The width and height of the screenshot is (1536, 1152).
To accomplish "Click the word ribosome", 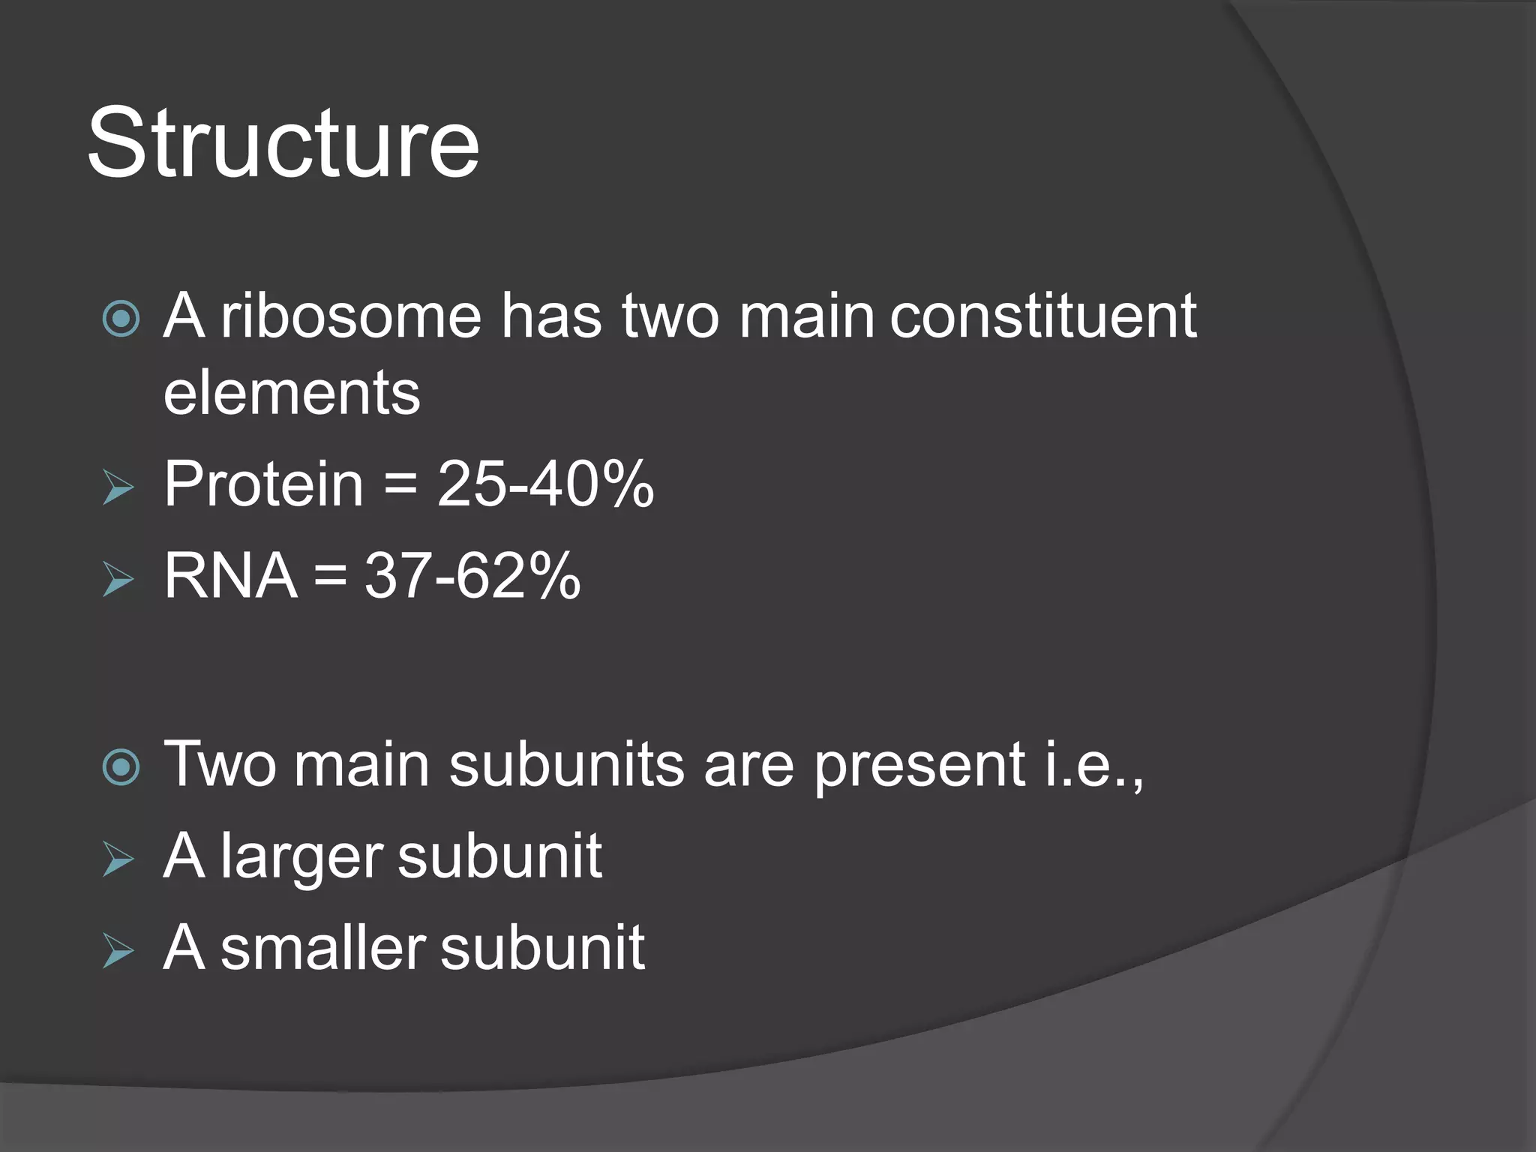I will [351, 316].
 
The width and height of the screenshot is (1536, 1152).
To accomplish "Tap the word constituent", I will [1042, 316].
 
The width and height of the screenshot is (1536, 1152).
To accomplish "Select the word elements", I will [292, 393].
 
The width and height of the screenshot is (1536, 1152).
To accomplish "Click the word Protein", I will [263, 484].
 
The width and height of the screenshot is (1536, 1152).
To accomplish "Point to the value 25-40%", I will [545, 484].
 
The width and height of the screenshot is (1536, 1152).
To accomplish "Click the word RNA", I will [230, 576].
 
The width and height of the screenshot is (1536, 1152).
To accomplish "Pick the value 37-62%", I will [472, 576].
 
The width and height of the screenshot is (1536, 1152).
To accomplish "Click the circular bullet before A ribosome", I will [121, 319].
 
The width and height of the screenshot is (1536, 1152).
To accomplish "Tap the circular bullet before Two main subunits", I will [121, 767].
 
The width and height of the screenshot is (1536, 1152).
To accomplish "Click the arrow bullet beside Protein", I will [118, 488].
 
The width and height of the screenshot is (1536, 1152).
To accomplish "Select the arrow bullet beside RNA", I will [118, 580].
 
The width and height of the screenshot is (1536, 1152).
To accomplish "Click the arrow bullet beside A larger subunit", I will [118, 859].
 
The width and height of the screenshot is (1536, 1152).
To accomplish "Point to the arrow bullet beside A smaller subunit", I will [118, 952].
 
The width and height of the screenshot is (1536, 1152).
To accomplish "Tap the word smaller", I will [323, 948].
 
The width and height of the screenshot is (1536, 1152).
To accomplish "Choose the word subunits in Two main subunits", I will [566, 765].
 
